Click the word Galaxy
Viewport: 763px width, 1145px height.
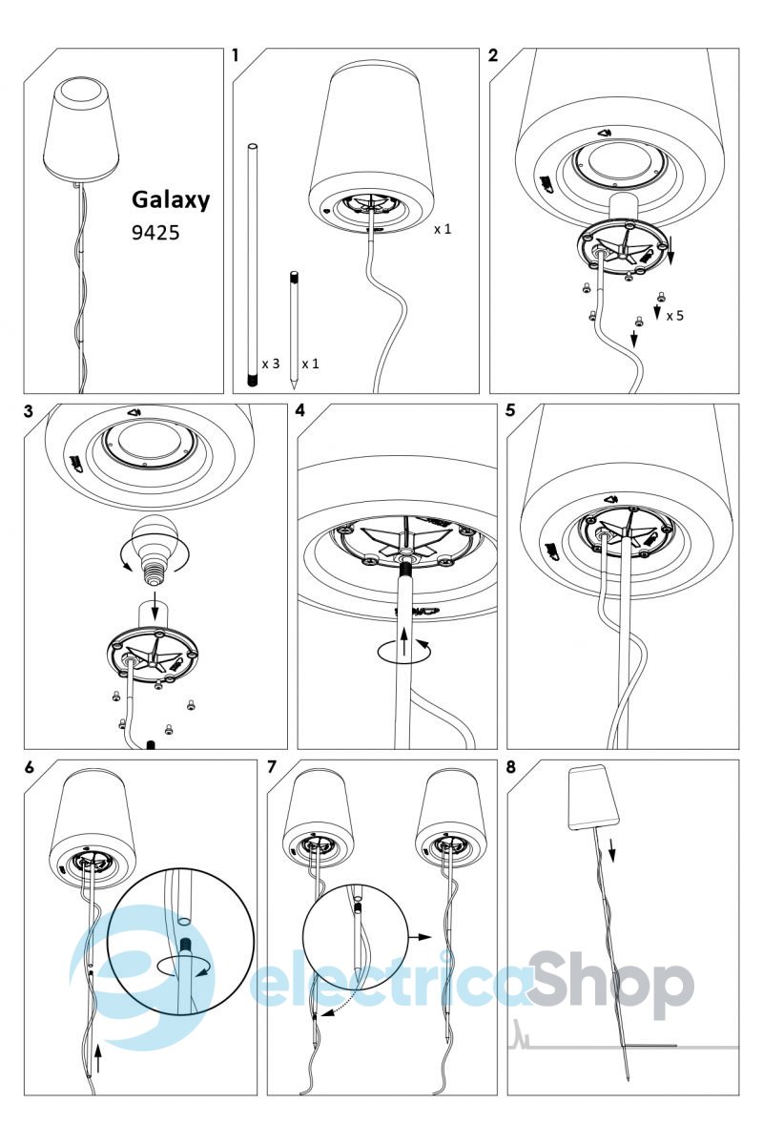[x=171, y=199]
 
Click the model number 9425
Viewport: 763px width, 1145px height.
[x=155, y=233]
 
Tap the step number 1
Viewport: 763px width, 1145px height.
[x=235, y=55]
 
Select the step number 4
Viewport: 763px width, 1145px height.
[x=300, y=410]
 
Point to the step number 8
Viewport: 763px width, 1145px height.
[x=511, y=767]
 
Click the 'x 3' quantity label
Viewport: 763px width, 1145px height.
[x=270, y=364]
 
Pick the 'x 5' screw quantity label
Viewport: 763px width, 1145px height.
[x=674, y=316]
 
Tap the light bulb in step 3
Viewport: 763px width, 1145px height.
[x=155, y=550]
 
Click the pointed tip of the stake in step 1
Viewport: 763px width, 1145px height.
[x=294, y=387]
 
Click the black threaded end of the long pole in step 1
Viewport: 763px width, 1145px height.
[x=252, y=381]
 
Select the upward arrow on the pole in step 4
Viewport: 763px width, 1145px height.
[x=403, y=641]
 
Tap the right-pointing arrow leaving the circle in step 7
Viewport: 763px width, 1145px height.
[x=420, y=937]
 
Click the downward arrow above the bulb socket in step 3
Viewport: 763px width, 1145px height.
[x=155, y=605]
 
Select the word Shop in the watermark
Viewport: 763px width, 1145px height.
[x=610, y=986]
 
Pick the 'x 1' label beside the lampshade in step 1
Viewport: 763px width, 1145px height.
[x=443, y=229]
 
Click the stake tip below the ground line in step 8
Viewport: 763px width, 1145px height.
[x=629, y=1079]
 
